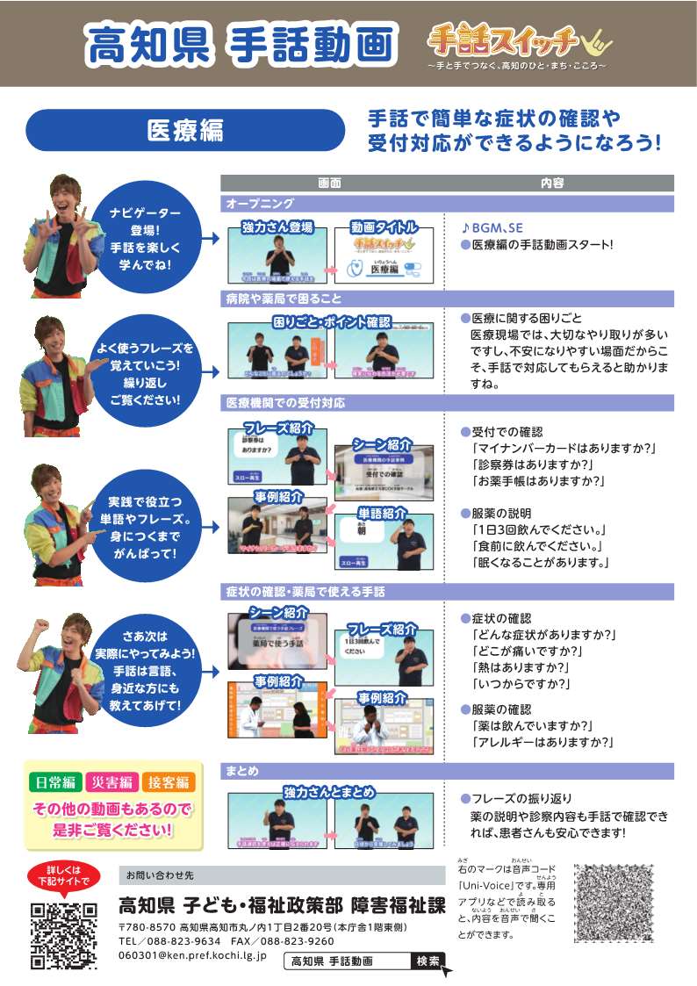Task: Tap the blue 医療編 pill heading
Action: coord(185,130)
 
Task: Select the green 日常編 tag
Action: coord(54,782)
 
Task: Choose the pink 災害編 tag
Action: coord(112,782)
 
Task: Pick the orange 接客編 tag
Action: coord(169,782)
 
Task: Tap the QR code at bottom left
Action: coord(62,936)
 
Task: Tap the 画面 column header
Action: coord(329,183)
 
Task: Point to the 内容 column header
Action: coord(552,183)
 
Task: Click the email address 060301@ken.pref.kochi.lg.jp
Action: coord(192,955)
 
